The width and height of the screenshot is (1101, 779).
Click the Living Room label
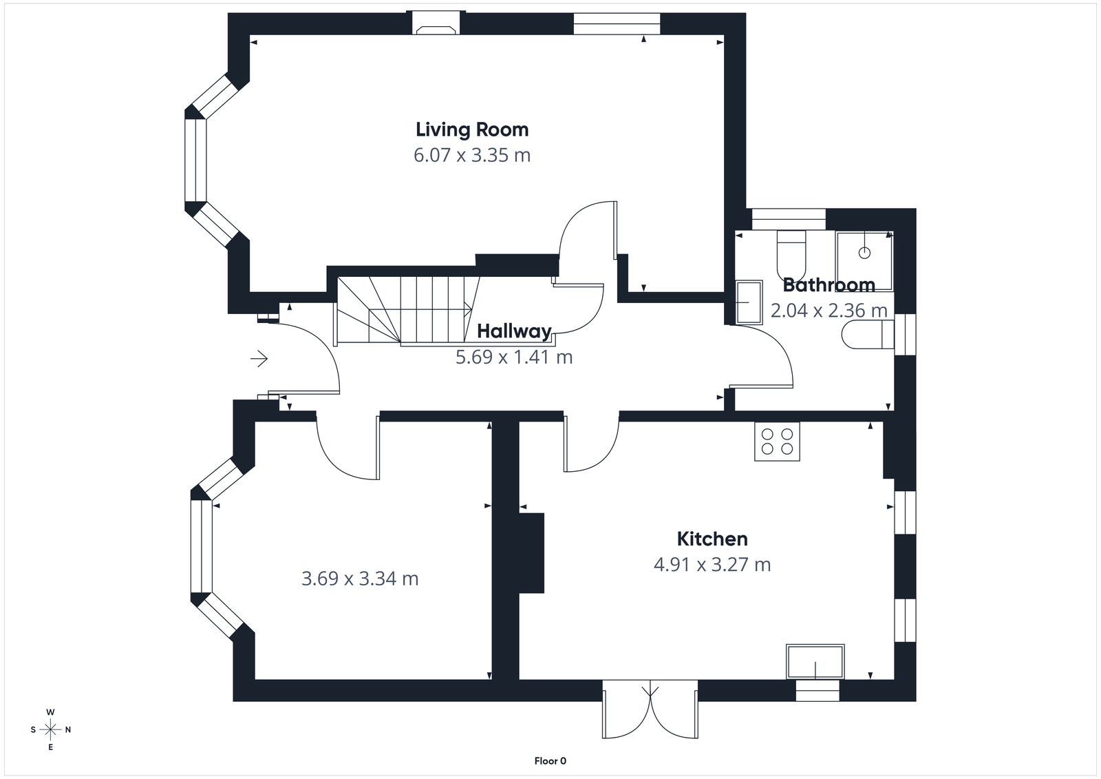(472, 129)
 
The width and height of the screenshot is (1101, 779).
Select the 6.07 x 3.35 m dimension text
(472, 156)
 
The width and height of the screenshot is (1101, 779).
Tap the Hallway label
(514, 331)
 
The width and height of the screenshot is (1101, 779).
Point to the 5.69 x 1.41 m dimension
(514, 357)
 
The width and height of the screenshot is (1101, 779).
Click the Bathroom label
(829, 284)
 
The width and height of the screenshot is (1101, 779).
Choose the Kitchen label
(712, 539)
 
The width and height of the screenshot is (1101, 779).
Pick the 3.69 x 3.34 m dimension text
(360, 579)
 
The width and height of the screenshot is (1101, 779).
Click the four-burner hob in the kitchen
(777, 442)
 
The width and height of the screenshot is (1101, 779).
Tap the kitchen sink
(815, 661)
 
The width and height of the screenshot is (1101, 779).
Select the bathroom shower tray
(864, 261)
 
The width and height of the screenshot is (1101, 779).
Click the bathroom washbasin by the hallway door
(749, 302)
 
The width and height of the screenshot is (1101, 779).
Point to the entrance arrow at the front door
(259, 359)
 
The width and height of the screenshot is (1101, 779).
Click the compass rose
(50, 729)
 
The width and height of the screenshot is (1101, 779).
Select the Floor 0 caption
(550, 761)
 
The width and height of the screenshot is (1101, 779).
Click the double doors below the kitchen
(650, 709)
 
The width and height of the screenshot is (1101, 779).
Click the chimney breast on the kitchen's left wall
(531, 552)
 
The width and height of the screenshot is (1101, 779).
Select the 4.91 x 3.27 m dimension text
(712, 565)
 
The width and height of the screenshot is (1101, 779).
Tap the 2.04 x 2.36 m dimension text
(829, 311)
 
